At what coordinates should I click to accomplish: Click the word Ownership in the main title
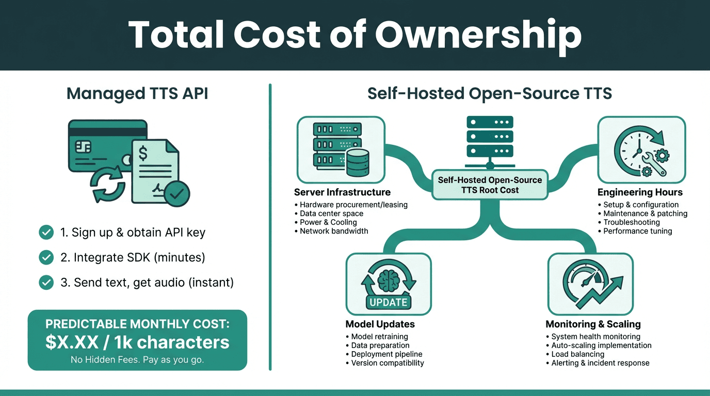click(x=478, y=35)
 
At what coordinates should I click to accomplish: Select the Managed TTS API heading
click(x=137, y=94)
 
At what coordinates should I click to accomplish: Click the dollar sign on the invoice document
click(x=143, y=153)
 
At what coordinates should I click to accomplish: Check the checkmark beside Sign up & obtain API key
click(x=46, y=233)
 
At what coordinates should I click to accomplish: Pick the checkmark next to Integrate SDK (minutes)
click(x=46, y=257)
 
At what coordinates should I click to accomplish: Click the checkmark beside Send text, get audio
click(x=46, y=283)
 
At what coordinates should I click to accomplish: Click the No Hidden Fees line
click(x=137, y=360)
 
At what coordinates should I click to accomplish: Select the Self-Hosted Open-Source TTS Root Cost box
click(x=490, y=185)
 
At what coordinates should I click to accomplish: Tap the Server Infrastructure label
click(x=342, y=192)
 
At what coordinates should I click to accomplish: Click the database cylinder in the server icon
click(x=358, y=162)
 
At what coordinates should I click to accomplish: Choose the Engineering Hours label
click(x=640, y=192)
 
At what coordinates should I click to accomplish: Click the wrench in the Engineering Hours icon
click(x=654, y=163)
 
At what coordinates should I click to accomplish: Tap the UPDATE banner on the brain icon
click(x=389, y=302)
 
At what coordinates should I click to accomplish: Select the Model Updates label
click(x=380, y=324)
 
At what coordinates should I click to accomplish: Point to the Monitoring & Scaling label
click(x=593, y=324)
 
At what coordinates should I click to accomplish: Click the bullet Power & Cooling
click(x=329, y=222)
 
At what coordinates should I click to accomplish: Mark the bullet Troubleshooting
click(x=632, y=222)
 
